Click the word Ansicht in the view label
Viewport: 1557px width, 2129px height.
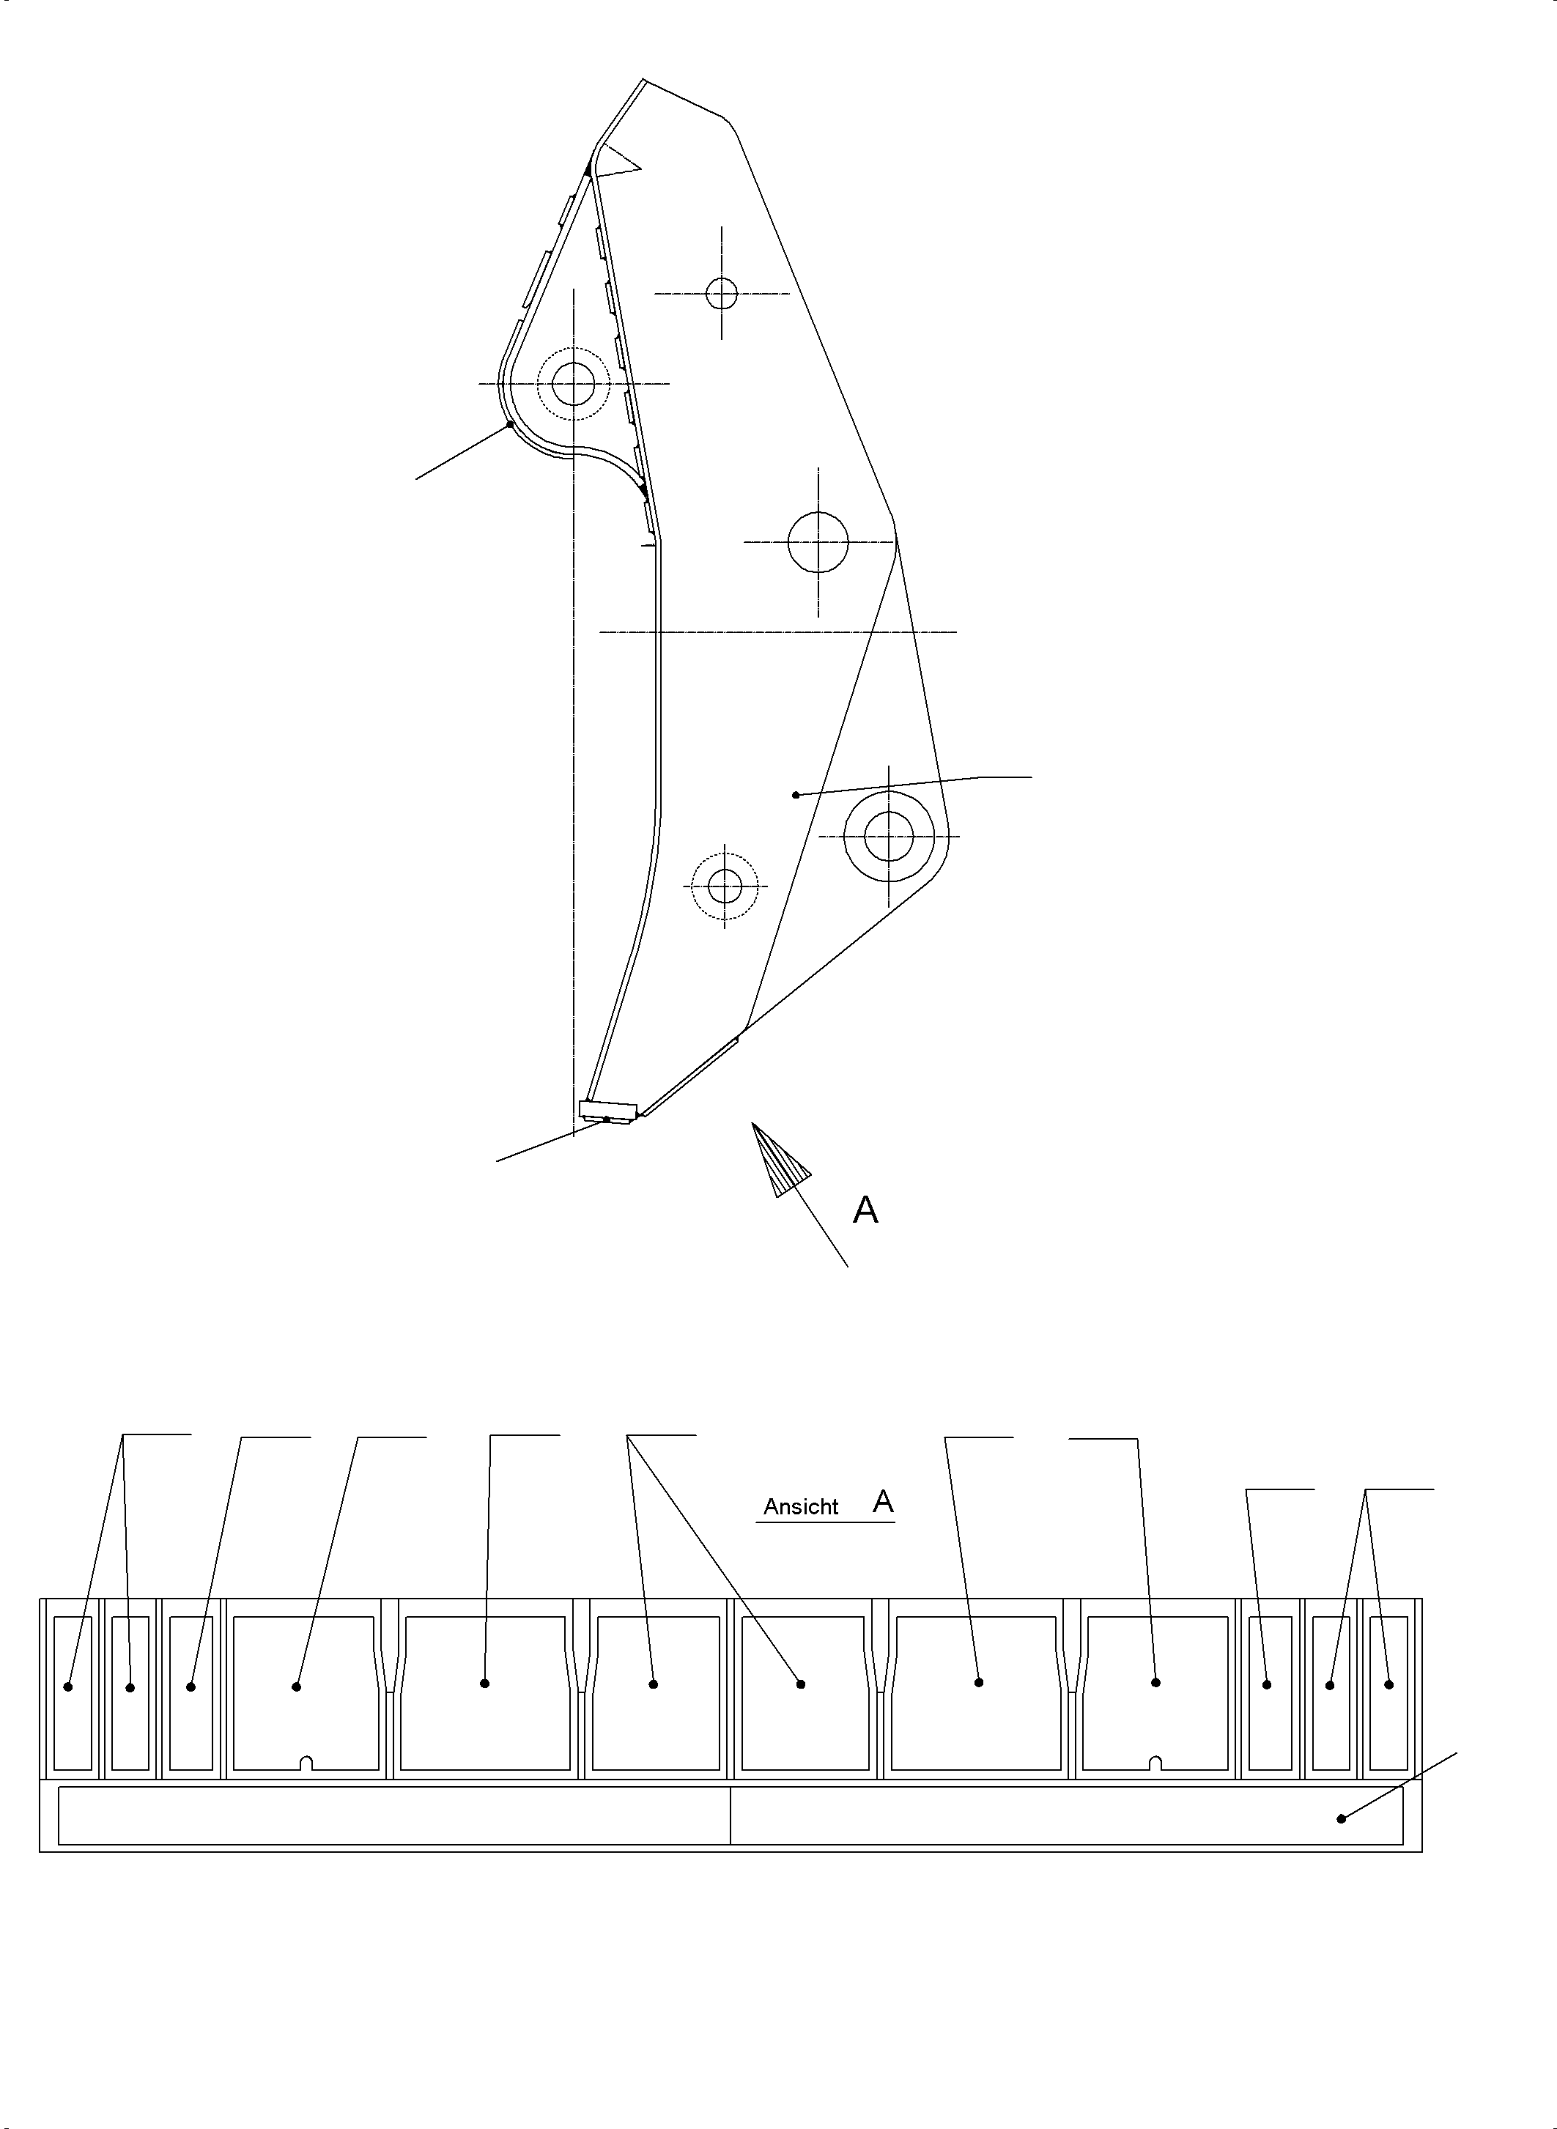coord(800,1507)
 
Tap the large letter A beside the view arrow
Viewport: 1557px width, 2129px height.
coord(865,1210)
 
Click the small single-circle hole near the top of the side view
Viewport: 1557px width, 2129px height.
coord(722,293)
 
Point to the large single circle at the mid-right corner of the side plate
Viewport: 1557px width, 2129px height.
coord(818,542)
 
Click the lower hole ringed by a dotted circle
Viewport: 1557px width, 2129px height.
coord(724,886)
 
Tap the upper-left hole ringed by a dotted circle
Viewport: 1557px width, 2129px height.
coord(573,384)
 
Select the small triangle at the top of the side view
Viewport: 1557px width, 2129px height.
coord(618,161)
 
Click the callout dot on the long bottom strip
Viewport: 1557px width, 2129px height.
coord(1341,1818)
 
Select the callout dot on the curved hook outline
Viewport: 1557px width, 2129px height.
coord(510,424)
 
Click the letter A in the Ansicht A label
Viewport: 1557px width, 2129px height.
coord(883,1501)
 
